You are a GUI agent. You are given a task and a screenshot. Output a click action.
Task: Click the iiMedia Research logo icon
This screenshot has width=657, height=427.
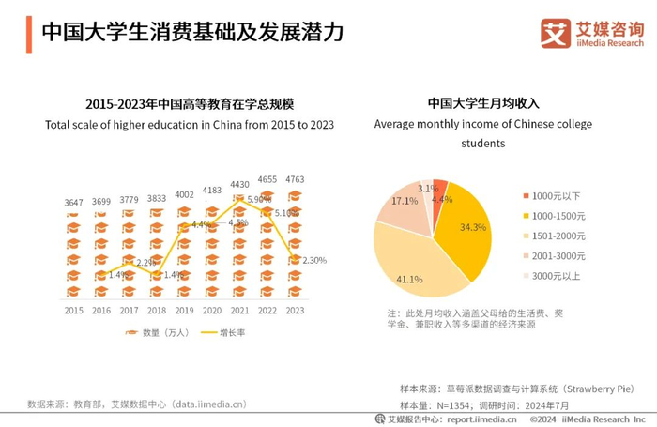click(556, 33)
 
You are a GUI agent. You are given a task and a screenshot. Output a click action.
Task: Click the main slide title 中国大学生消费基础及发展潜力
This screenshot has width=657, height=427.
click(191, 32)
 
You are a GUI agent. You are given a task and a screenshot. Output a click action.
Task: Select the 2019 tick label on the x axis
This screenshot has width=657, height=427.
click(184, 310)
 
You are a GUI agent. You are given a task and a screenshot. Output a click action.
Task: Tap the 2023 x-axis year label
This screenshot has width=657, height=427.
click(295, 310)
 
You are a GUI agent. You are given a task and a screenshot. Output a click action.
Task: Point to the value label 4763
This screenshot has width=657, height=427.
click(295, 178)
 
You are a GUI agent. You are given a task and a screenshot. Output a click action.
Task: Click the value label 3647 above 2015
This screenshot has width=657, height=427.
click(73, 203)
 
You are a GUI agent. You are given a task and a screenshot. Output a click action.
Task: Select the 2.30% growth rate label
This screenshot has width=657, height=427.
click(313, 260)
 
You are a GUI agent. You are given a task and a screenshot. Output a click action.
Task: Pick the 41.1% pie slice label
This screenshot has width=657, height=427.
click(408, 279)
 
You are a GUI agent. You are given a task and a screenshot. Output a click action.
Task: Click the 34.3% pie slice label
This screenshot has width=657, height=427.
click(473, 227)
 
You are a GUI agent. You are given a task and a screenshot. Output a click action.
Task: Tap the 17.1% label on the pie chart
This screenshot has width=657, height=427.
click(405, 201)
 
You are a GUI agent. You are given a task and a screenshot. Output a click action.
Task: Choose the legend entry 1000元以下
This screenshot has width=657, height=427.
click(556, 196)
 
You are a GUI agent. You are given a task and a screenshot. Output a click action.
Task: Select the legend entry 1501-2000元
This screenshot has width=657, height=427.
click(558, 236)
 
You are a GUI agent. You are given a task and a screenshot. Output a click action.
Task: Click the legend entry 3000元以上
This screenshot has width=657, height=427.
click(556, 276)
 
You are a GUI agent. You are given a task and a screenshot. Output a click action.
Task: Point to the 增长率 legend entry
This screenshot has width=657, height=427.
click(231, 332)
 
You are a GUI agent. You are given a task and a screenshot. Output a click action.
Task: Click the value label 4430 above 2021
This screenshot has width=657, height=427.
click(239, 185)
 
